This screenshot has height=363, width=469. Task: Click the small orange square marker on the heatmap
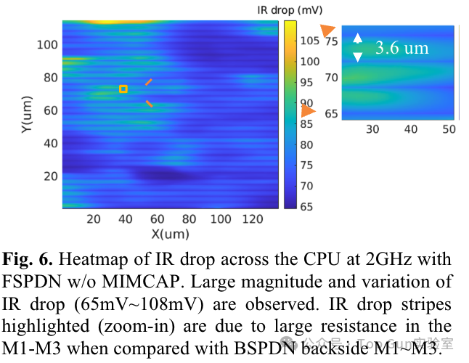[123, 89]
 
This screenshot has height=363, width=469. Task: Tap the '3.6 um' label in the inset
[401, 49]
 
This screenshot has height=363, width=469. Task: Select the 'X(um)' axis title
[170, 234]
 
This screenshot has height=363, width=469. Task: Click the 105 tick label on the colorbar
[310, 41]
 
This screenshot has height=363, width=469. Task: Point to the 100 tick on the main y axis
[47, 45]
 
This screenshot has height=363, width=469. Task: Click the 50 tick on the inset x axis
[449, 129]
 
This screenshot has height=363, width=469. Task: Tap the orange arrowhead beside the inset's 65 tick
[308, 111]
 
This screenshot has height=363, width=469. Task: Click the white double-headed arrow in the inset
[356, 47]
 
